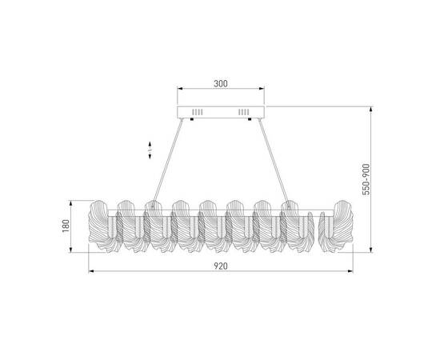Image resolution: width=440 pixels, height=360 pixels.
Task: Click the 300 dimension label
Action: pos(221,84)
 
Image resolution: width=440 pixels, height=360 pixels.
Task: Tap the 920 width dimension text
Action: pos(221,266)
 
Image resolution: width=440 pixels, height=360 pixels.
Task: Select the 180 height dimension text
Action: pos(66,226)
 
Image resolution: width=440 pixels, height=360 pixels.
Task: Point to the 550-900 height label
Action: pos(366,179)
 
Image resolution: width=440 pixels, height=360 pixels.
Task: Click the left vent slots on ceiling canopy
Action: pos(198,112)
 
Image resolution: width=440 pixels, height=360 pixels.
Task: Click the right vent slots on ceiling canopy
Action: pos(243,112)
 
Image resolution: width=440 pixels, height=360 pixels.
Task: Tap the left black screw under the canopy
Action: pos(192,119)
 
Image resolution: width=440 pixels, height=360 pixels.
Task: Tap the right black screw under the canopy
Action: pos(250,119)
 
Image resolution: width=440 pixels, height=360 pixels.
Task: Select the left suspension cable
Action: pos(167,162)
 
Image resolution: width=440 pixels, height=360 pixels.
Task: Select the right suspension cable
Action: pos(274,162)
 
